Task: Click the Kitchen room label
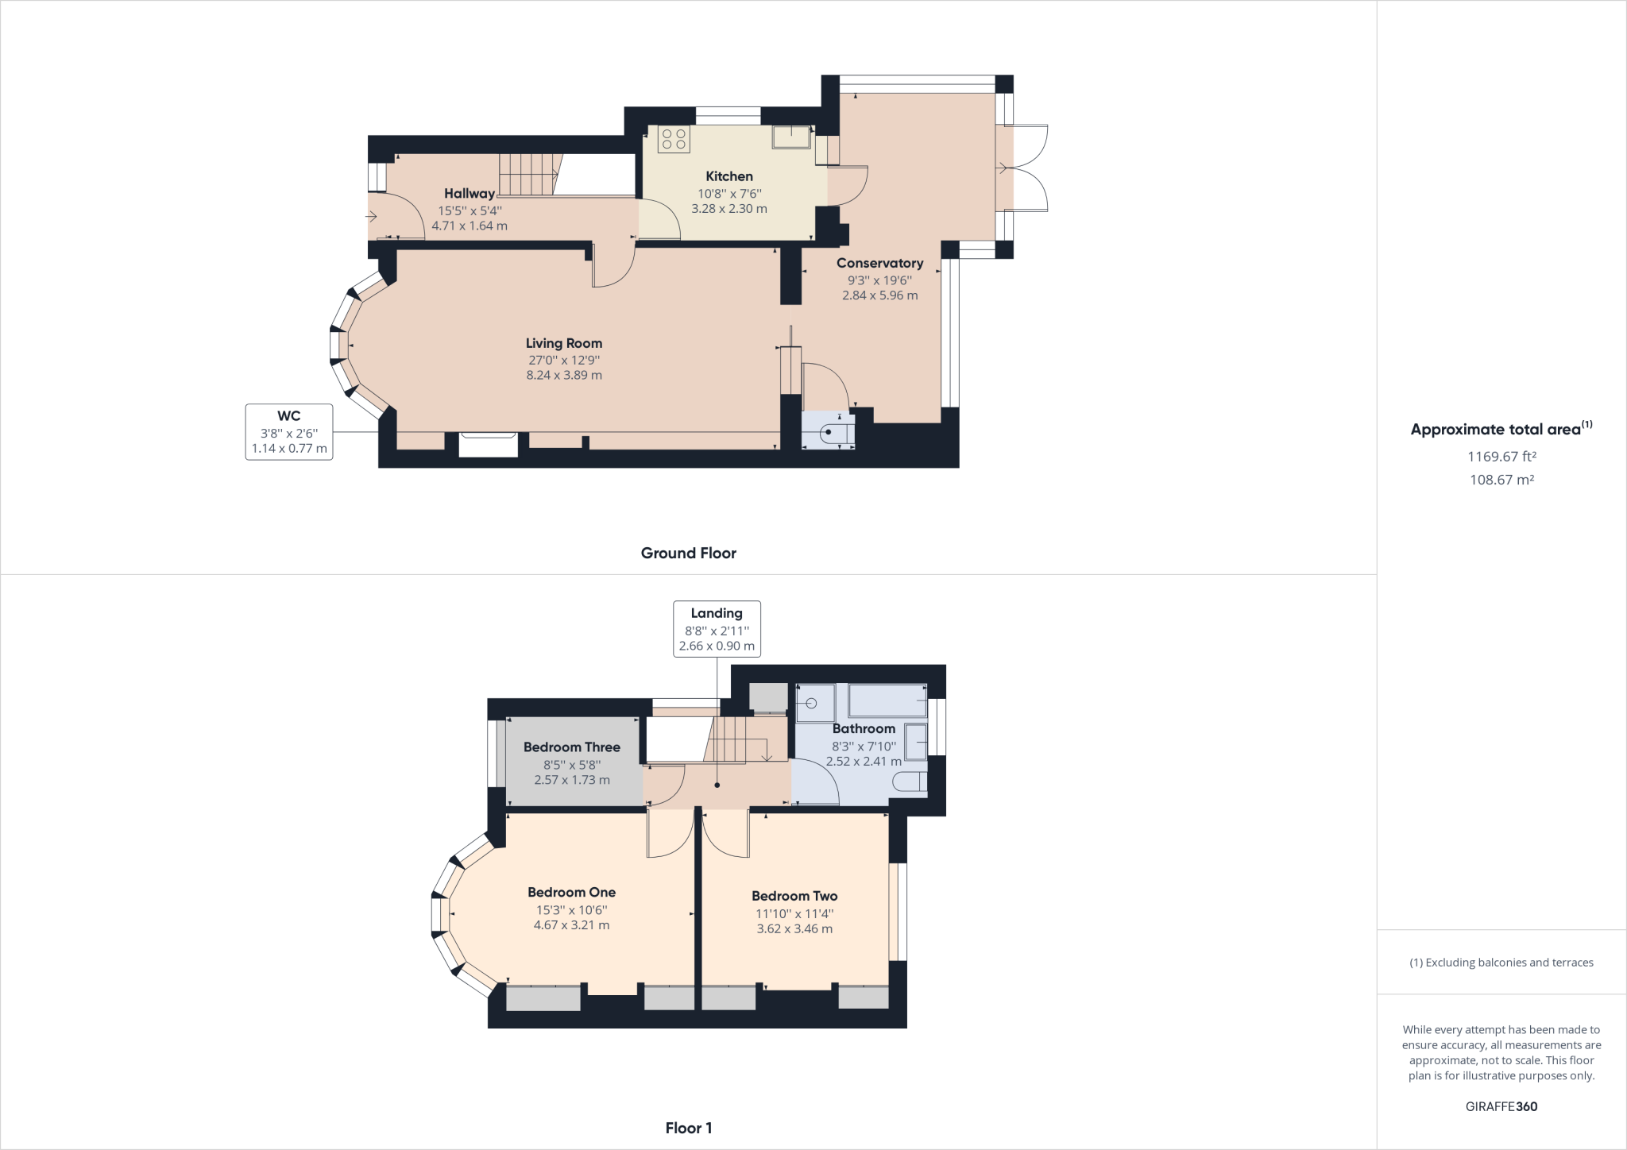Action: coord(729,176)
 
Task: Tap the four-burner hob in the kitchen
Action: coord(674,140)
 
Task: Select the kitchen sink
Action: coord(792,137)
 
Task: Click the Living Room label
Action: coord(564,343)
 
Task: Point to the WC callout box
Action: coord(289,432)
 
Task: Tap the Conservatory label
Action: coord(879,263)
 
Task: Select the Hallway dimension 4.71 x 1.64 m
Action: coord(470,226)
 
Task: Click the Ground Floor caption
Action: coord(689,554)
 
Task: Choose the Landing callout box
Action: coord(717,629)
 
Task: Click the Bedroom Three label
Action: coord(572,747)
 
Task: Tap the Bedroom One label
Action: coord(572,893)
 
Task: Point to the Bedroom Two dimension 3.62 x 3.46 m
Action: coord(794,928)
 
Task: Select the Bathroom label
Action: coord(864,728)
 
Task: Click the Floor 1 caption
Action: coord(689,1128)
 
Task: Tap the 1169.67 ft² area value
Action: coord(1501,457)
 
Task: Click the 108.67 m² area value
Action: coord(1501,480)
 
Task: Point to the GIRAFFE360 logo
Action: coord(1501,1106)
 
